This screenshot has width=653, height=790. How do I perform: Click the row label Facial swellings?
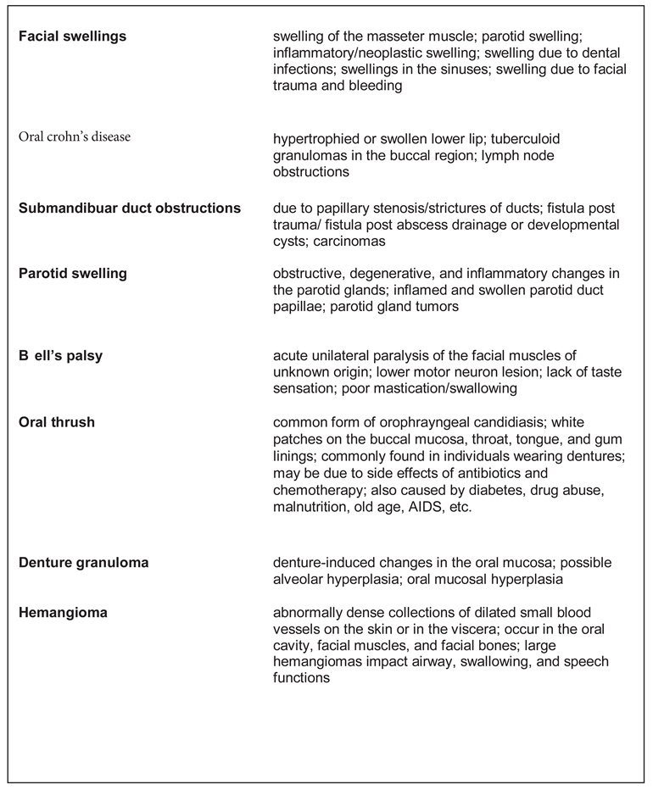(x=72, y=36)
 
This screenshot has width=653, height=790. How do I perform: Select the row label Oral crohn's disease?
(x=75, y=136)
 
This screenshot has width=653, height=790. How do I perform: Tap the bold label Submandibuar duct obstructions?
(x=130, y=208)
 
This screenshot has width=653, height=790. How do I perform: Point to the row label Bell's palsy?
(x=60, y=355)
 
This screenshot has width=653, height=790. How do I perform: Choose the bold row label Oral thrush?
(x=56, y=421)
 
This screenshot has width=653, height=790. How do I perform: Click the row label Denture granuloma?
(x=84, y=562)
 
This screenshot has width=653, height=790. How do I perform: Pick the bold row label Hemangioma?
(x=63, y=612)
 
